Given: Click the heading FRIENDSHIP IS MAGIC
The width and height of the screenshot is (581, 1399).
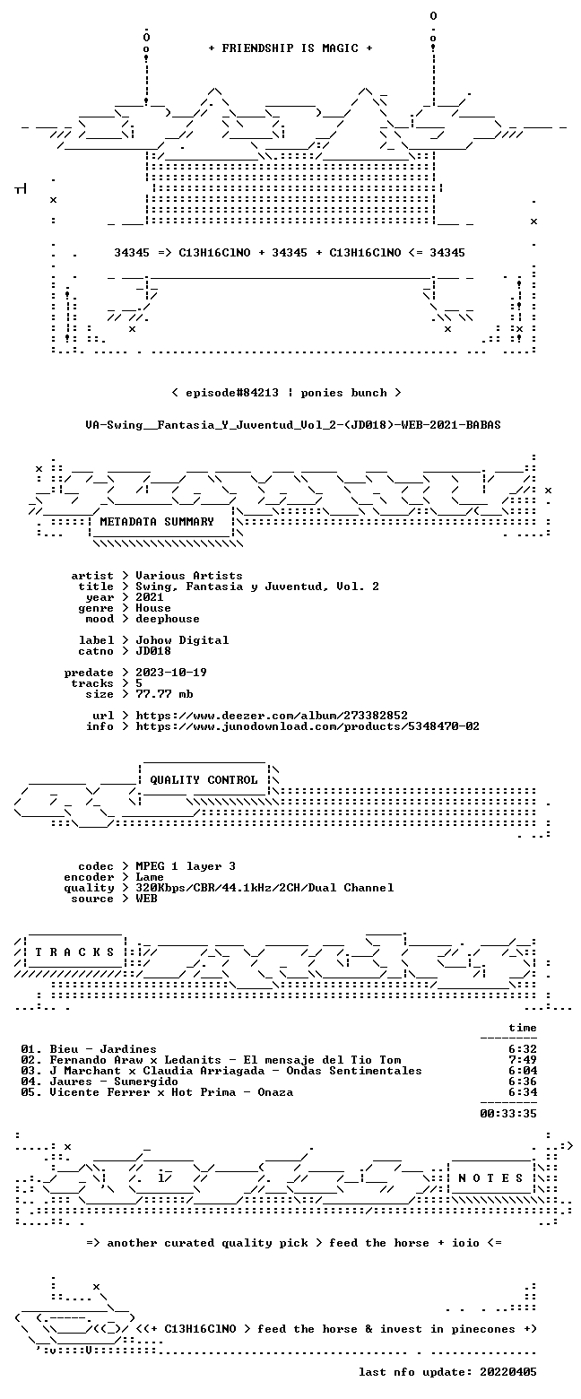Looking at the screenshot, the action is (x=290, y=48).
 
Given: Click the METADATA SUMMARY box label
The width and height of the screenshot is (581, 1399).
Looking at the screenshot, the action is (x=157, y=522).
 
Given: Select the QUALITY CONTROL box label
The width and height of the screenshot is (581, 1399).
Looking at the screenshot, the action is (x=204, y=780).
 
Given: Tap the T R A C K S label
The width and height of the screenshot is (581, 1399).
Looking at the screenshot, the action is (x=75, y=952).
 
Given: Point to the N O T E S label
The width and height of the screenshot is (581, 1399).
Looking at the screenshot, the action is (x=490, y=1177).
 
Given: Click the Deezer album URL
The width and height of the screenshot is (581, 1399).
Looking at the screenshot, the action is (x=272, y=716).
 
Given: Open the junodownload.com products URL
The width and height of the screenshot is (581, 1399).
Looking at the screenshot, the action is (x=308, y=726).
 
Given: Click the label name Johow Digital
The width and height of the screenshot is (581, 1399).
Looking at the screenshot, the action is (x=182, y=640).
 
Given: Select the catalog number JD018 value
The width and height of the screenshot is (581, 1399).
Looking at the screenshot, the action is (x=153, y=651).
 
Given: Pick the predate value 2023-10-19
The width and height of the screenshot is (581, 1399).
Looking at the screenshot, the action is (x=171, y=673).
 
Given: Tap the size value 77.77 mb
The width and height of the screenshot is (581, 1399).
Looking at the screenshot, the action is (x=164, y=694).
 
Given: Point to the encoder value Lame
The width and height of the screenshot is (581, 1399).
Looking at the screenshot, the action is (x=150, y=877).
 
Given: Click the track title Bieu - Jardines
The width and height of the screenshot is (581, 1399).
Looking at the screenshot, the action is (x=103, y=1049).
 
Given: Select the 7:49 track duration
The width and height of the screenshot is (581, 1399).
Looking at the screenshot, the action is (x=523, y=1060).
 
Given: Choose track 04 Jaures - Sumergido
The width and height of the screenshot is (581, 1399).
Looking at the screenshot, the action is (x=100, y=1082).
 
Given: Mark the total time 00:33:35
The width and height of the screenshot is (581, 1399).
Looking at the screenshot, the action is (x=507, y=1114).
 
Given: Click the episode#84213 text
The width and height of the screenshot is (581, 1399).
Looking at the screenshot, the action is (x=232, y=393).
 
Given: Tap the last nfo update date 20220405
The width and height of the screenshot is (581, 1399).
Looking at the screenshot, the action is (x=507, y=1372).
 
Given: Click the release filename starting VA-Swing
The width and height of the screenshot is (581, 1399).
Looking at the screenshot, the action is (x=293, y=425).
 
